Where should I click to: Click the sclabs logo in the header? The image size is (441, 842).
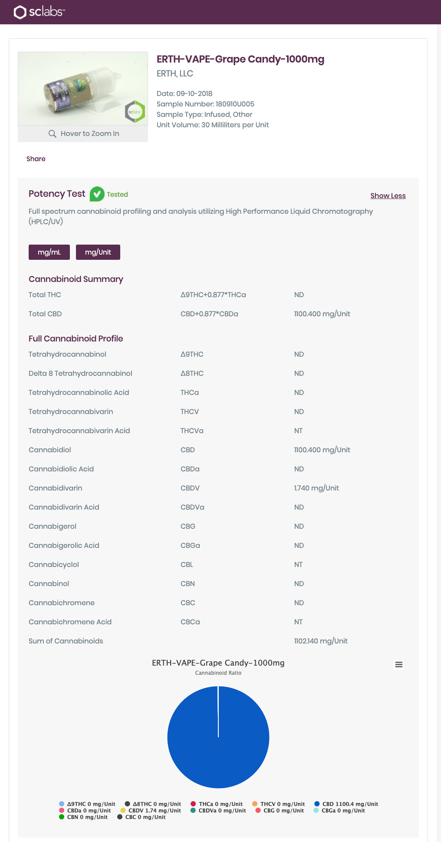coord(39,12)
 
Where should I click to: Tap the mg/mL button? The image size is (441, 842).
coord(49,252)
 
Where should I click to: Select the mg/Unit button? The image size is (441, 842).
coord(98,252)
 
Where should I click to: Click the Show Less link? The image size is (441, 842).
coord(388,196)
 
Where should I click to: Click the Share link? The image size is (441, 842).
coord(36,159)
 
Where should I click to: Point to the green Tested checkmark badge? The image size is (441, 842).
coord(97,194)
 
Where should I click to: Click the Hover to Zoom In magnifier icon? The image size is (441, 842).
coord(53,133)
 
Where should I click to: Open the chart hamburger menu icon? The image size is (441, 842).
coord(398,664)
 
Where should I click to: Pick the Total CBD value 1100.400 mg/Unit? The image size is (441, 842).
coord(322,314)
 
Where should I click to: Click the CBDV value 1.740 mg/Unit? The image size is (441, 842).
coord(316,488)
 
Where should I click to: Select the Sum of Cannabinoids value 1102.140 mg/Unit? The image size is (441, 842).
coord(320,641)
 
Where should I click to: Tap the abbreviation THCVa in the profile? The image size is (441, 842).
coord(192,431)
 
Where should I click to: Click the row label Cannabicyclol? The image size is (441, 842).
coord(54,564)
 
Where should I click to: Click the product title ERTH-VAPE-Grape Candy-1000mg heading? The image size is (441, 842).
coord(240,59)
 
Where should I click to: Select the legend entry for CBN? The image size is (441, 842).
coord(83,817)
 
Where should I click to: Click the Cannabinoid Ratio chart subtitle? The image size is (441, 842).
coord(218,673)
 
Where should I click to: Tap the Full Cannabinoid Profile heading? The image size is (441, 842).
coord(76,338)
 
